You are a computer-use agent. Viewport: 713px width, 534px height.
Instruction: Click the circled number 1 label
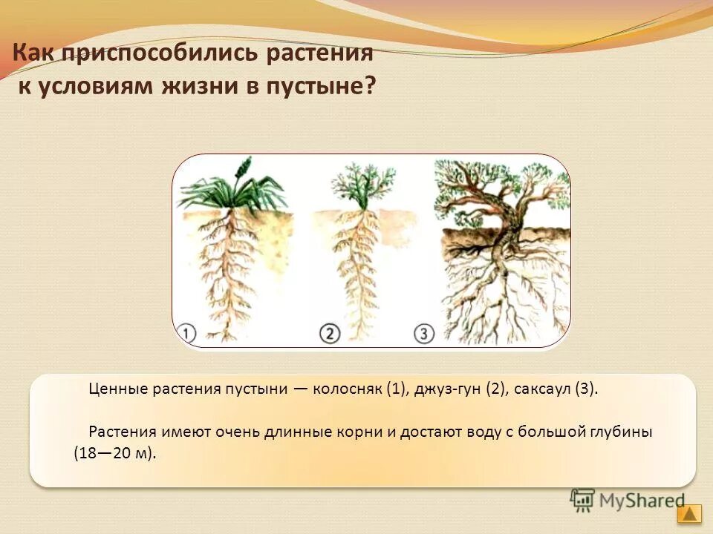tap(187, 333)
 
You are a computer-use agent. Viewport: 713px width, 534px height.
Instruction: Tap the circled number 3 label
tap(424, 334)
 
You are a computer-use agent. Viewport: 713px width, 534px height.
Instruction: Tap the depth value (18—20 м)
tap(115, 453)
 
